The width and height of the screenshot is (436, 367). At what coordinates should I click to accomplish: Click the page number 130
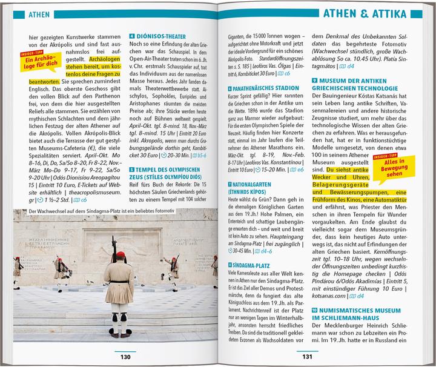pos(125,357)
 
